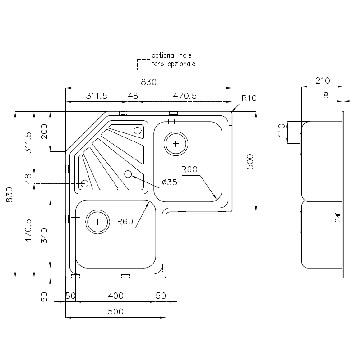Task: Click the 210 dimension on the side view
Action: click(x=323, y=81)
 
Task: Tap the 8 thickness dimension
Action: click(x=326, y=95)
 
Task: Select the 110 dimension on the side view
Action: click(x=282, y=132)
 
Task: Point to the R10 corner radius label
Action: click(x=249, y=98)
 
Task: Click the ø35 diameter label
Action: click(x=169, y=182)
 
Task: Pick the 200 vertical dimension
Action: click(x=44, y=132)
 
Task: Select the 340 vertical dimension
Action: click(x=44, y=235)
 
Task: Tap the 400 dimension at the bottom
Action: click(x=115, y=296)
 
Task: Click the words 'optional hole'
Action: click(x=172, y=55)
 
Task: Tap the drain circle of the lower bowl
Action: click(x=98, y=221)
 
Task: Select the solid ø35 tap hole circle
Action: click(x=128, y=174)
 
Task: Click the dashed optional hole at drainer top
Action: click(x=138, y=131)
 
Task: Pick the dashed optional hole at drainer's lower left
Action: click(x=84, y=183)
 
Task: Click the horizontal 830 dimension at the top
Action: click(x=148, y=82)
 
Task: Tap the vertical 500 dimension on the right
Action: click(x=251, y=162)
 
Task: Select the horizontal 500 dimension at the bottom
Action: click(x=115, y=311)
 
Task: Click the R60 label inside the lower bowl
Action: click(x=125, y=222)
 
